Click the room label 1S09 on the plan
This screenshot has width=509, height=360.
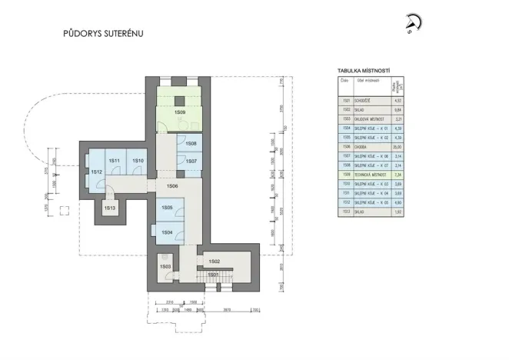coord(179,113)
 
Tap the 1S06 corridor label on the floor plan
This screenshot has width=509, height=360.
coord(172,187)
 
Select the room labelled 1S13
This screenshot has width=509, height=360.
coord(110,208)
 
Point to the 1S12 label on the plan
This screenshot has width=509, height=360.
coord(97,172)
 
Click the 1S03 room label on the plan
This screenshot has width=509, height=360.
coord(165,266)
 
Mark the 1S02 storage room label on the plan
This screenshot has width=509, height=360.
coord(215,262)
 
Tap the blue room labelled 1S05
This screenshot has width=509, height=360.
coord(167,208)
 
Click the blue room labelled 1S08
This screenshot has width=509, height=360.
coord(191,144)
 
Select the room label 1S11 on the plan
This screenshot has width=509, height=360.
coord(114,160)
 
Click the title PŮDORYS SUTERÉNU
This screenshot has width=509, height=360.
coord(103,34)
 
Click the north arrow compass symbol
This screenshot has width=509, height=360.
coord(414,25)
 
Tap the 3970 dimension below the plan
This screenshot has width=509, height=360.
coord(229,309)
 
